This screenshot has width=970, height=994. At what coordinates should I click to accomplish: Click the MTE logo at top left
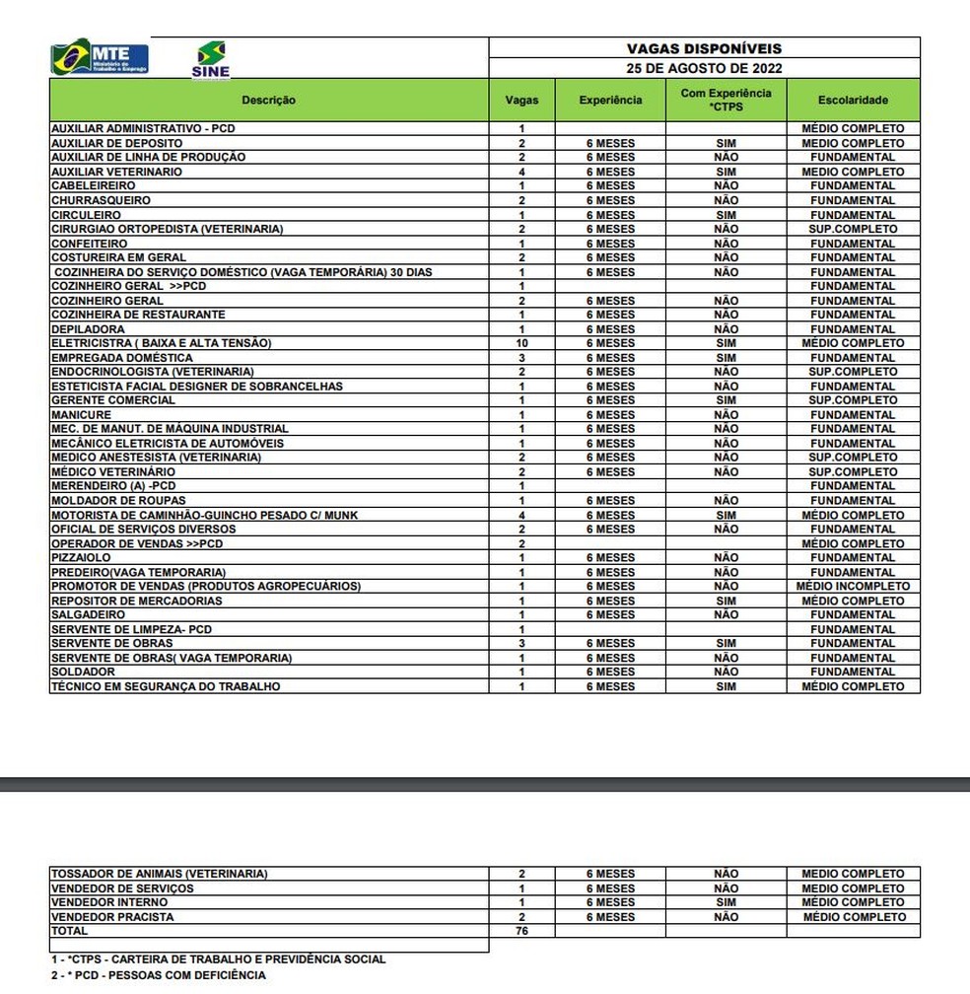click(100, 58)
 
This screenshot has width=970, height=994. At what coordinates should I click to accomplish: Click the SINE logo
click(210, 60)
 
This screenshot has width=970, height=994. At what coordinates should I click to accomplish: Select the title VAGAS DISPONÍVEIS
click(704, 48)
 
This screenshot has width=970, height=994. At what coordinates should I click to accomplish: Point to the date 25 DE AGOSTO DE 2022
click(704, 68)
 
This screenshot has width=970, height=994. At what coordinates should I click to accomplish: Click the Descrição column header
click(268, 100)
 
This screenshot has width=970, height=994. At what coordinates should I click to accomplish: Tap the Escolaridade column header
click(853, 100)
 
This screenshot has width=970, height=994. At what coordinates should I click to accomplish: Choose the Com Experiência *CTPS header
click(726, 100)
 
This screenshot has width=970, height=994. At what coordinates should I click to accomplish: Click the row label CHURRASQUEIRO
click(101, 200)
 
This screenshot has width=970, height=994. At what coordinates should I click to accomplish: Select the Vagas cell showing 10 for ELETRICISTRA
click(521, 343)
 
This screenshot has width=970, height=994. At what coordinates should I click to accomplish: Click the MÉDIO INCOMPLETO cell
click(853, 587)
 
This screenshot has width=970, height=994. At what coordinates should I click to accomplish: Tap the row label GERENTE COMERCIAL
click(113, 400)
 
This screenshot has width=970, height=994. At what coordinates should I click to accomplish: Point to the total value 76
click(521, 931)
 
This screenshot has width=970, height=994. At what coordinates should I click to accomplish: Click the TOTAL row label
click(69, 931)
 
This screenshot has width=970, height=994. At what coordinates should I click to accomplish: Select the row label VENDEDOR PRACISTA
click(112, 917)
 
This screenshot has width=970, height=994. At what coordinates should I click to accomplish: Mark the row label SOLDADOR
click(83, 672)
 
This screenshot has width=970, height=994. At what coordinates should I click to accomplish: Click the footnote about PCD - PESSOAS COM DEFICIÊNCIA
click(159, 975)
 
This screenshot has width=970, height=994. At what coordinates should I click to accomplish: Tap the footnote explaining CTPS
click(218, 958)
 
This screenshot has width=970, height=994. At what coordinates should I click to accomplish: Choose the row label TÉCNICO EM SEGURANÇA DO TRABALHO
click(165, 686)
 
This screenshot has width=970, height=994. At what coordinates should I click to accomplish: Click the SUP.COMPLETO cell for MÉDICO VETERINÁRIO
click(853, 472)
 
